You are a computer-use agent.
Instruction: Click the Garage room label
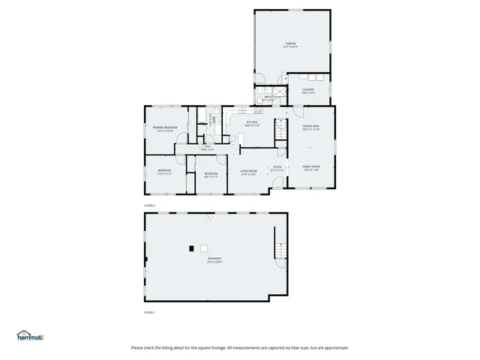[x=290, y=44]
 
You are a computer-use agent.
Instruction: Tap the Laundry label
[x=307, y=90]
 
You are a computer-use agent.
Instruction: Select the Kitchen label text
[x=252, y=123]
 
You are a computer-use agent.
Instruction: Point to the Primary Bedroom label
[x=164, y=128]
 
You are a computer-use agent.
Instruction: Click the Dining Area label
[x=310, y=127]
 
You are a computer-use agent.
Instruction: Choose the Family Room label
[x=310, y=167]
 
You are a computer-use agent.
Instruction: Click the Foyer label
[x=277, y=168]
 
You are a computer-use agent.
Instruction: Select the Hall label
[x=206, y=148]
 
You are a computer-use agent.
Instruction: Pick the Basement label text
[x=214, y=259]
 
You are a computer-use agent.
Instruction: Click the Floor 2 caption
[x=149, y=205]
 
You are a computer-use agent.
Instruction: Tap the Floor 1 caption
[x=149, y=312]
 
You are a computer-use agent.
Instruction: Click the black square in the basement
[x=192, y=248]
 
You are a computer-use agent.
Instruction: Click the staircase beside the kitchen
[x=280, y=129]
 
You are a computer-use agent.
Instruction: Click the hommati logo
[x=31, y=336]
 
